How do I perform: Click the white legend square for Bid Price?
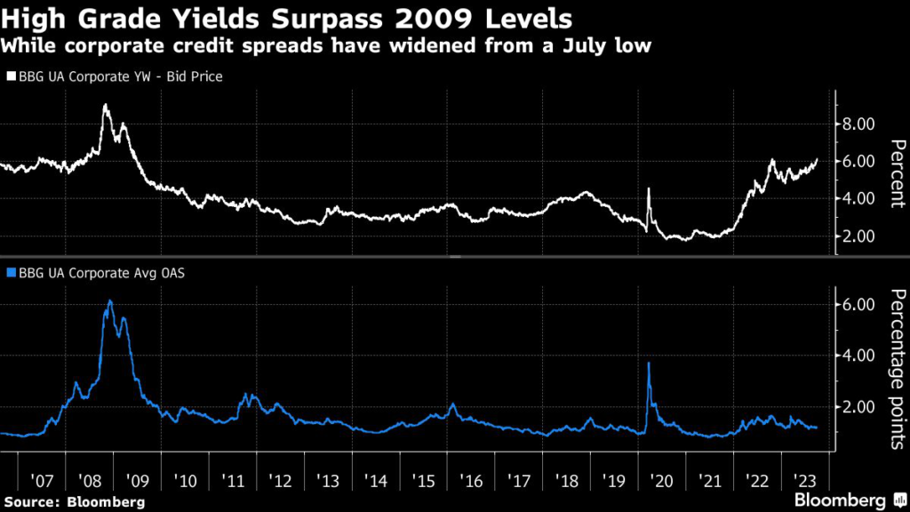point(10,77)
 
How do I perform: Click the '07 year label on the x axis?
point(43,481)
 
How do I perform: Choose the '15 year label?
point(424,481)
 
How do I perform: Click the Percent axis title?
point(898,173)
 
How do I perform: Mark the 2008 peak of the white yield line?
point(106,106)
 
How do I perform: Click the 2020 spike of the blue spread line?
point(649,363)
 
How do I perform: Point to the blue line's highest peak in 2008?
point(109,301)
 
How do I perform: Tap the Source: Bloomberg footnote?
point(73,502)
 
